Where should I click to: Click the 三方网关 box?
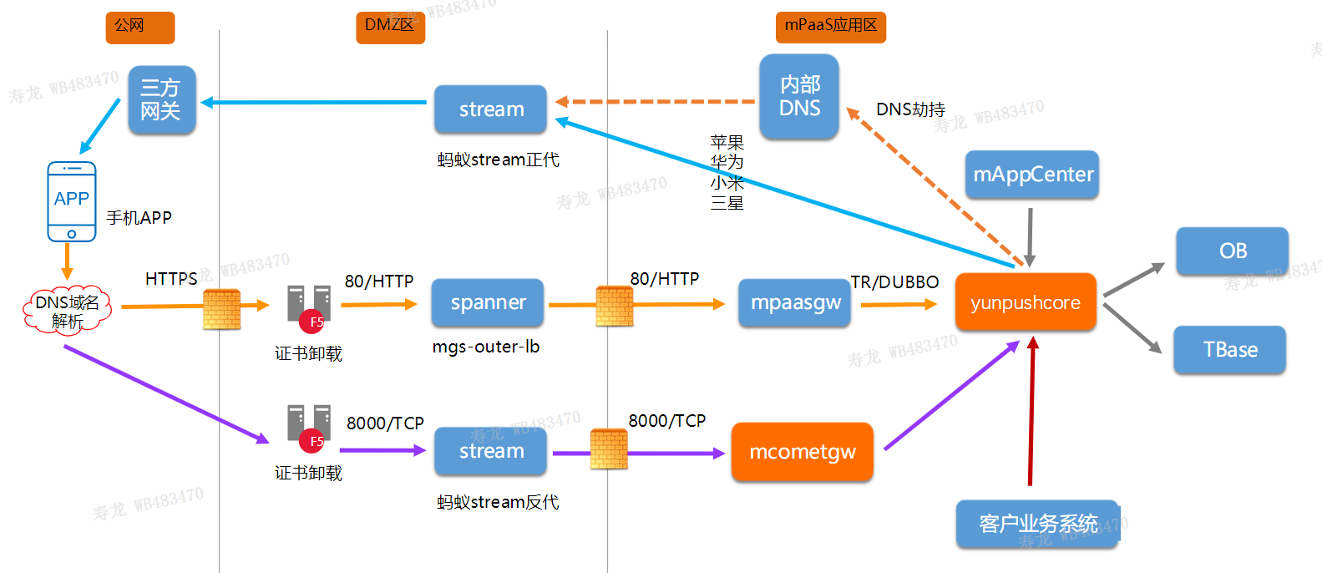[x=161, y=100]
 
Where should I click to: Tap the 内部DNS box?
[x=799, y=97]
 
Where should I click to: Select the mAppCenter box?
[x=1032, y=175]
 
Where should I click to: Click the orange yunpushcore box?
[x=1026, y=302]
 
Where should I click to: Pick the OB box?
[x=1232, y=251]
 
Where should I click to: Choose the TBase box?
[x=1229, y=349]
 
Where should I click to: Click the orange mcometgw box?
[x=802, y=452]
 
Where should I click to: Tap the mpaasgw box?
[x=794, y=302]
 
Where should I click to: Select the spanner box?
[x=488, y=302]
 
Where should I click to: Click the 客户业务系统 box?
[x=1037, y=524]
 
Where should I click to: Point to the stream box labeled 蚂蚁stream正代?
[x=491, y=109]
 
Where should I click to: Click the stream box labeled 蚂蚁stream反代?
[x=491, y=451]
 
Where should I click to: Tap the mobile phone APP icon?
[x=72, y=201]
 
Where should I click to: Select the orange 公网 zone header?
[x=139, y=27]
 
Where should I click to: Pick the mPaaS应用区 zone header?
[x=830, y=27]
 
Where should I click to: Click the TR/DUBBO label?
[x=894, y=282]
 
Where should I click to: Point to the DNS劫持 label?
[x=910, y=109]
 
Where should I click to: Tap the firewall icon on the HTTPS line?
[x=221, y=308]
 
